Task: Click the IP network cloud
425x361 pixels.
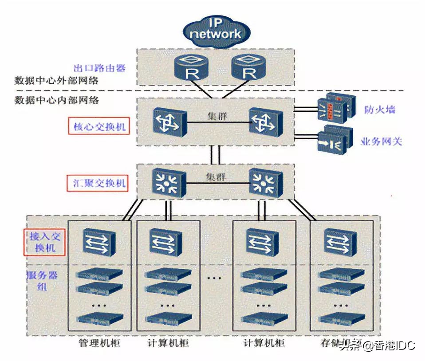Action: [216, 31]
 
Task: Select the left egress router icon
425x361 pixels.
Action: [192, 68]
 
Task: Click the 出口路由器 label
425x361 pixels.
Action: [99, 68]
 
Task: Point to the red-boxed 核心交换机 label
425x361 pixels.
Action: [99, 127]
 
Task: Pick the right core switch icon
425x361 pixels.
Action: [264, 121]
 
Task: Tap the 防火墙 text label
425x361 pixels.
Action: [380, 110]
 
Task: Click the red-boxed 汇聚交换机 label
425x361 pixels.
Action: [99, 182]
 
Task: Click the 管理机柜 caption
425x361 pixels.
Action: [99, 343]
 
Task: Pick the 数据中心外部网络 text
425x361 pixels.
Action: [56, 81]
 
